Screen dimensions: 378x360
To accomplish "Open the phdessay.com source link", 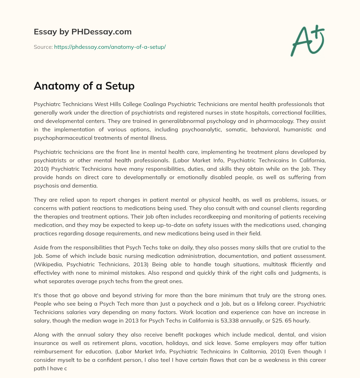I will (x=110, y=47).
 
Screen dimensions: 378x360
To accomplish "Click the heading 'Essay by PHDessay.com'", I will (x=83, y=32).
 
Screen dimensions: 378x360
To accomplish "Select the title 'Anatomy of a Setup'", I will (x=84, y=86).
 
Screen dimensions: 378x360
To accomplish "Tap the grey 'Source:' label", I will (x=43, y=47).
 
